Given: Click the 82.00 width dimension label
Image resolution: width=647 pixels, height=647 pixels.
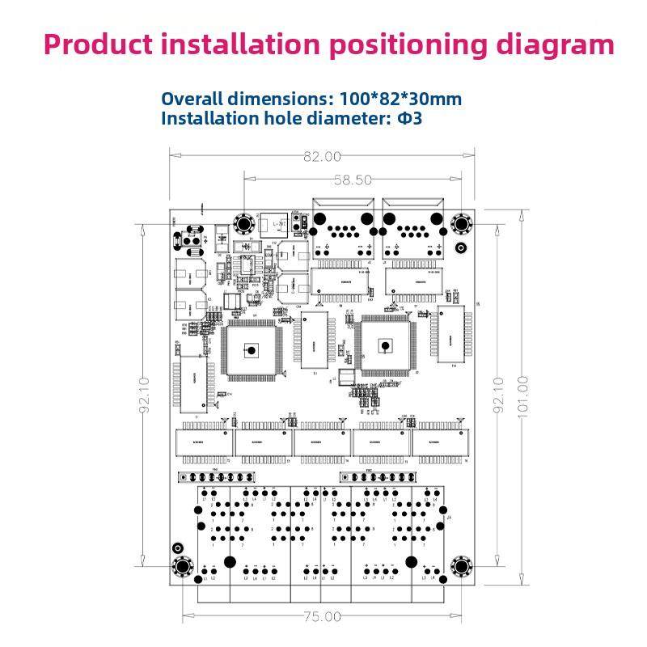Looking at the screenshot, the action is tap(322, 157).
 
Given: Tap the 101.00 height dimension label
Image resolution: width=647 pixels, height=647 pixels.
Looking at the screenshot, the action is tap(522, 393).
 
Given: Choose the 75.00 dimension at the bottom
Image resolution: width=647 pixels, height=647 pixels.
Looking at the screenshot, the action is tap(322, 616).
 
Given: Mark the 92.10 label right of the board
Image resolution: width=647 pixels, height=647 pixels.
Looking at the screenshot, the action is tap(498, 394).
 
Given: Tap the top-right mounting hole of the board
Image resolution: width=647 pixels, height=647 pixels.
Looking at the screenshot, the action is tap(461, 224).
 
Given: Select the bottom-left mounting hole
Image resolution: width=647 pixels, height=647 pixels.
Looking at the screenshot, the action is tap(180, 566).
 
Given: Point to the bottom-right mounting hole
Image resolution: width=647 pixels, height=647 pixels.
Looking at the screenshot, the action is tap(462, 566).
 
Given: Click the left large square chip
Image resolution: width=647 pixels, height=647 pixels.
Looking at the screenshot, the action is tap(252, 350).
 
